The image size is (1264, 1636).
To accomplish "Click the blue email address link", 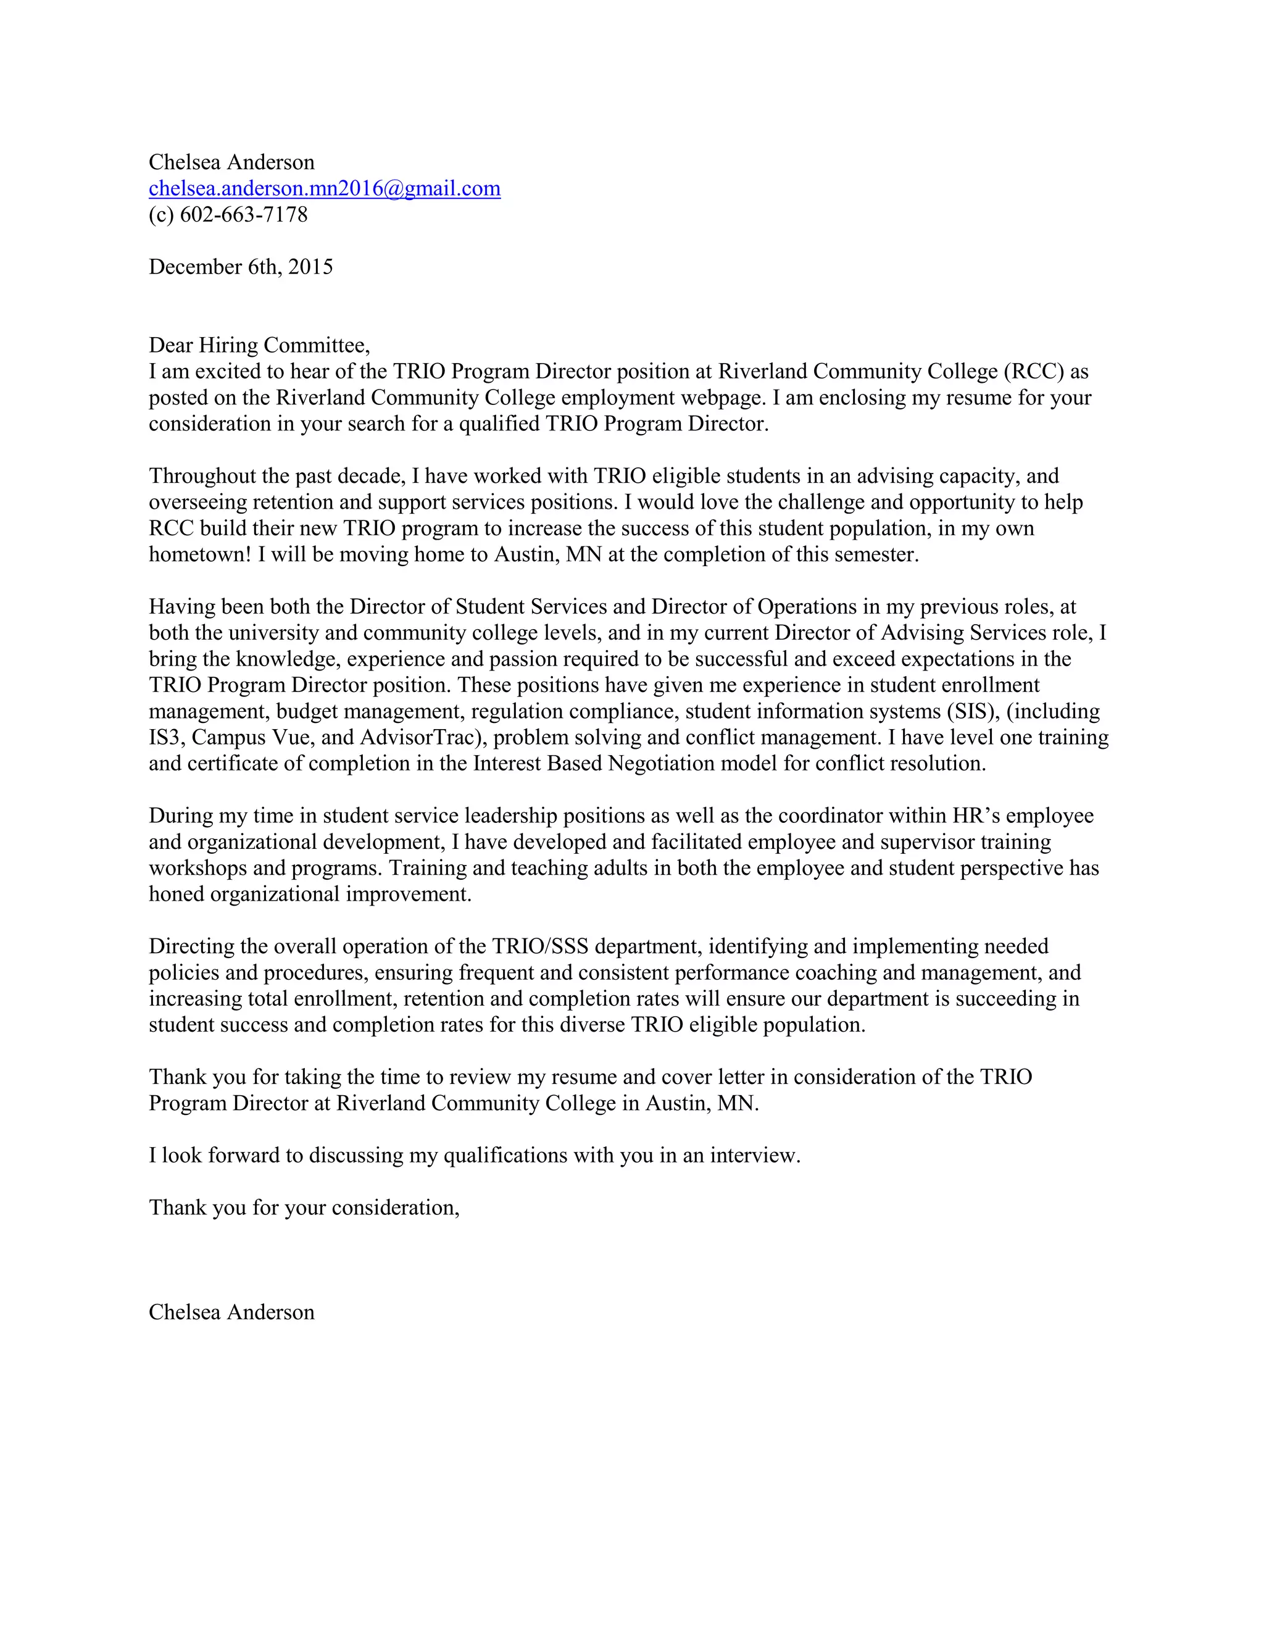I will tap(324, 188).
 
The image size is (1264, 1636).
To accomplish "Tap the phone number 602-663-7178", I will tap(243, 214).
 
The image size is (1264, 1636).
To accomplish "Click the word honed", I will tap(176, 894).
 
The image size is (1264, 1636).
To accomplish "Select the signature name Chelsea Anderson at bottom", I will tap(231, 1312).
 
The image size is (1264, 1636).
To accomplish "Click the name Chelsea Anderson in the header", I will tap(231, 162).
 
